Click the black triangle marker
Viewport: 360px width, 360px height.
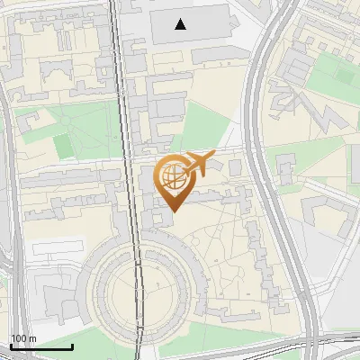coord(181,24)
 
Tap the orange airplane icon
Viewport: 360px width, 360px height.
coord(198,164)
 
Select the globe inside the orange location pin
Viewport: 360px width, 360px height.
coord(171,175)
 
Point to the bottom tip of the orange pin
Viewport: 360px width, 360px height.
coord(172,211)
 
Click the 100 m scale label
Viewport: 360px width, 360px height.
coord(23,338)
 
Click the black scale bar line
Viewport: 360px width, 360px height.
coord(41,346)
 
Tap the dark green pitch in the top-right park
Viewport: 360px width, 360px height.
coord(346,71)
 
